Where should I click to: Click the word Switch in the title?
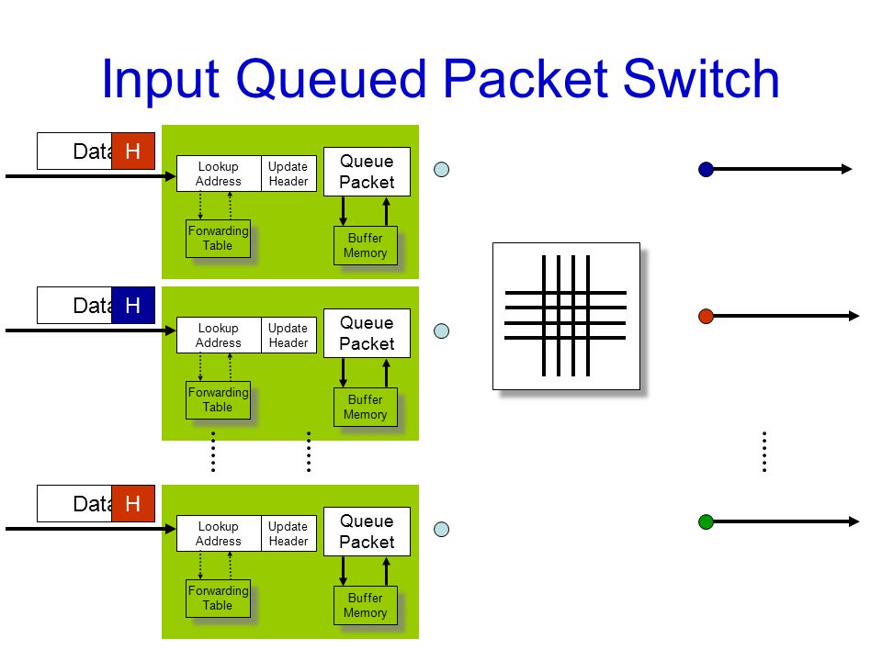[701, 79]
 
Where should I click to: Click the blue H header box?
[133, 305]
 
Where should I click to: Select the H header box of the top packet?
[133, 151]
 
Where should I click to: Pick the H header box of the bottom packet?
[133, 504]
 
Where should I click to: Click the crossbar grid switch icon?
[567, 316]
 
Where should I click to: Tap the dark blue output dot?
[706, 169]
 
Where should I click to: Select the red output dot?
[706, 316]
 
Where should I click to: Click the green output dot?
[706, 521]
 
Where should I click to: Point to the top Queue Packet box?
[367, 172]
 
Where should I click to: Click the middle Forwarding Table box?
[219, 399]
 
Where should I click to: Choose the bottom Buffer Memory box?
[366, 605]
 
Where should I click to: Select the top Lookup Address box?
[219, 174]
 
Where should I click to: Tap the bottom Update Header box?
[288, 533]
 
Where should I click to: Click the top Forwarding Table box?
[219, 239]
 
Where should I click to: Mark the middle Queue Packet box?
[367, 333]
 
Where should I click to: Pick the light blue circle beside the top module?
[442, 169]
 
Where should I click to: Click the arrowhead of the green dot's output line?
[854, 521]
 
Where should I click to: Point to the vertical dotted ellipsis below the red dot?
[764, 452]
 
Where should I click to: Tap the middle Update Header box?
[288, 335]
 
